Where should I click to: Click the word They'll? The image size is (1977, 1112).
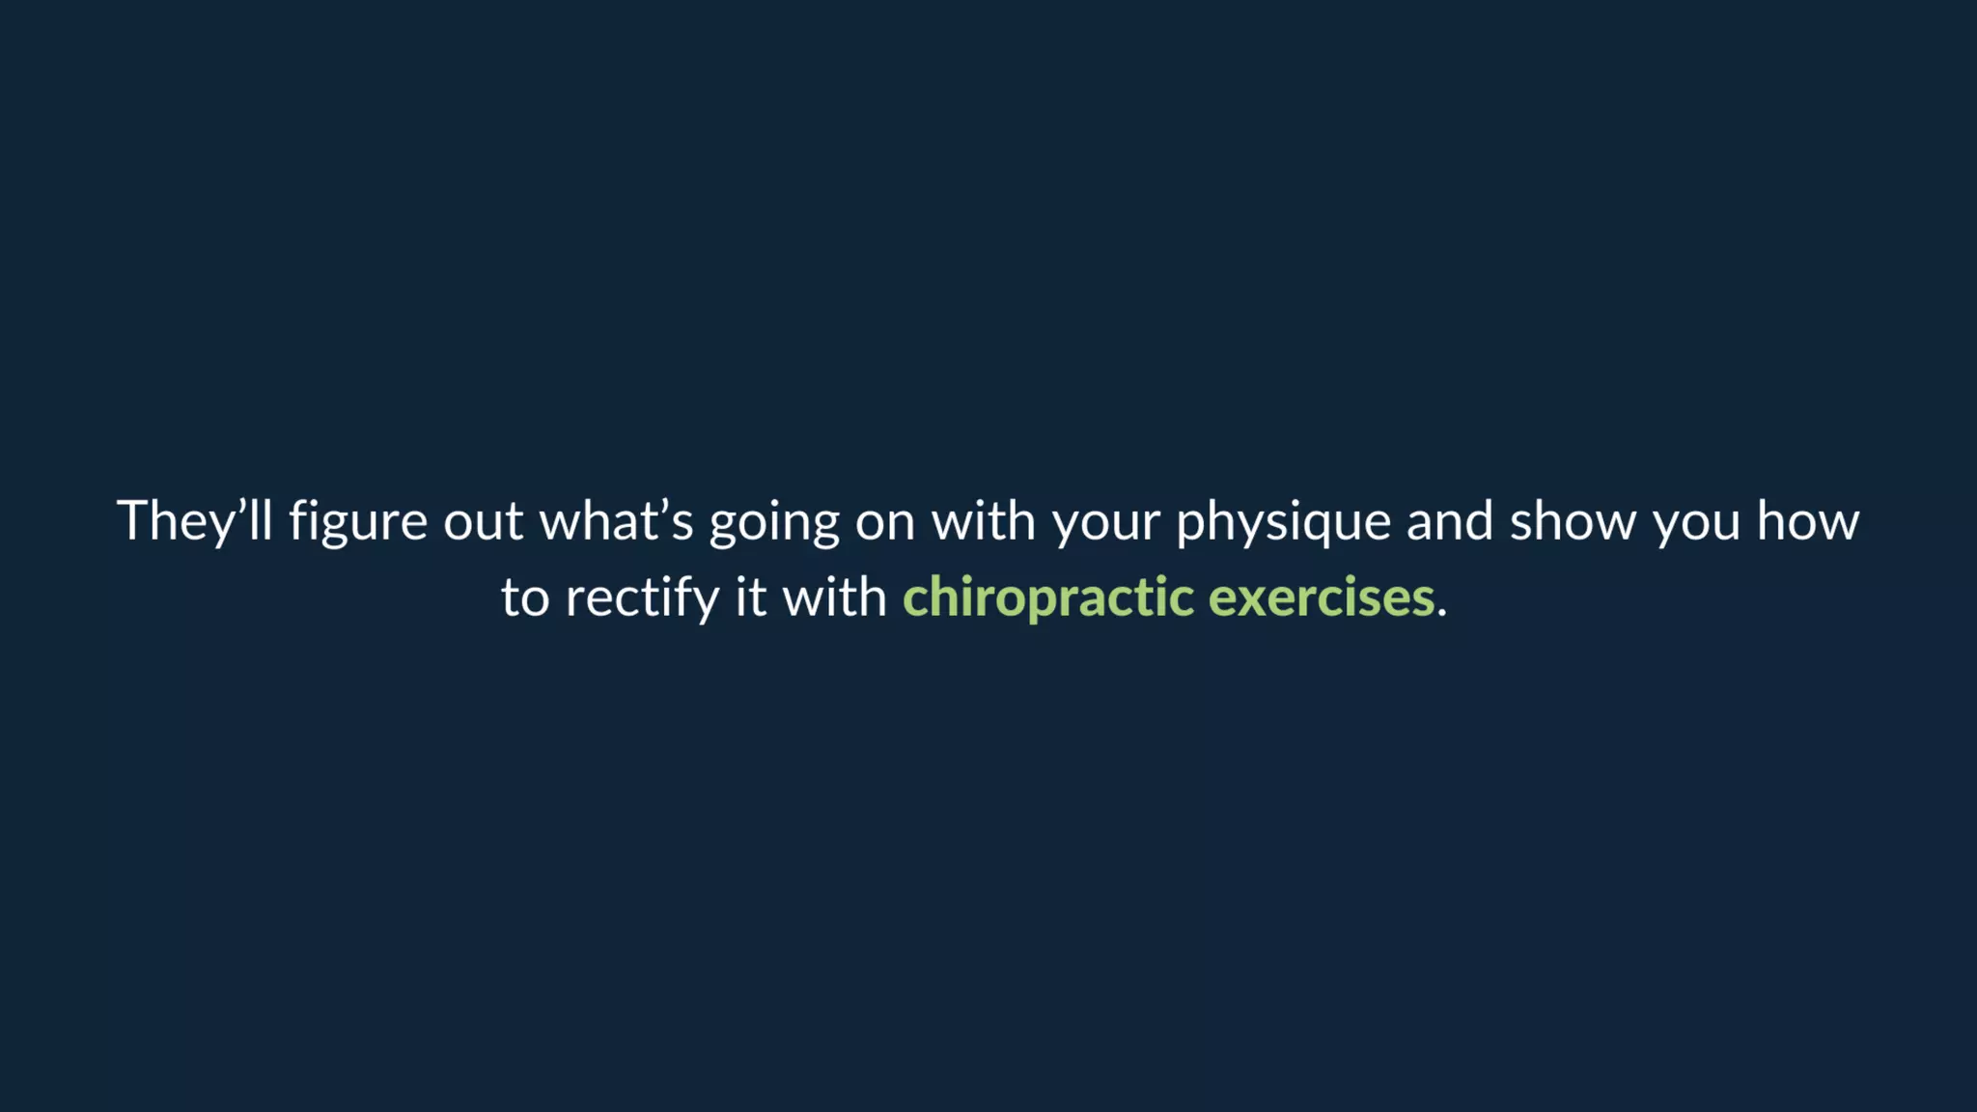194,522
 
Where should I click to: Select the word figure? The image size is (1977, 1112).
358,522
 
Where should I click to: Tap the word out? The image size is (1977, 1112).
483,522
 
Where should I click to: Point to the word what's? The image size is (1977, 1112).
616,522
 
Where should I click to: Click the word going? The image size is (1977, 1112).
774,522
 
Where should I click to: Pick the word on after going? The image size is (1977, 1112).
884,522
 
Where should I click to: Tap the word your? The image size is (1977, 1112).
1106,522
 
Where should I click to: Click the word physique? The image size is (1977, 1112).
1283,522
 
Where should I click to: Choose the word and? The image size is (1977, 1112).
1450,522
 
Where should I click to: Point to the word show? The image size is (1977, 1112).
1573,522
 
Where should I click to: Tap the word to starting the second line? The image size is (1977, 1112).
525,598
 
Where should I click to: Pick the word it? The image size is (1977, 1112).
751,598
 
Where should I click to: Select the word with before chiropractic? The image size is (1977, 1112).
834,598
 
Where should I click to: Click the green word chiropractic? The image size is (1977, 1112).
1048,598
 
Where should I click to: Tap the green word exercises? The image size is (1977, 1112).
1321,598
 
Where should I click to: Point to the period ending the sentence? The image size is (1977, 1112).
1442,612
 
